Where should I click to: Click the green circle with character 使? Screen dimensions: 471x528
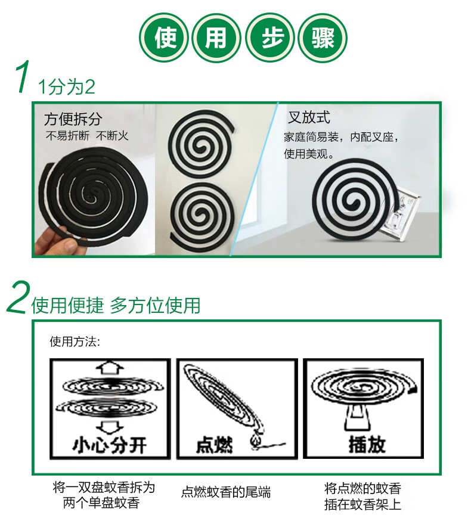coord(164,38)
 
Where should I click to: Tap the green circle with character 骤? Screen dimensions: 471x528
coord(323,38)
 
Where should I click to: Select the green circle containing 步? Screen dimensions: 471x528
coord(270,38)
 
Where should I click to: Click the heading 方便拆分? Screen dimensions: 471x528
coord(73,119)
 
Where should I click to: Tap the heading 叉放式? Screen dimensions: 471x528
coord(309,117)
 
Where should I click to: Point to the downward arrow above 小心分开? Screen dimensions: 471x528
coord(110,427)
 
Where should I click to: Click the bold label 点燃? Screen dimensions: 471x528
coord(215,445)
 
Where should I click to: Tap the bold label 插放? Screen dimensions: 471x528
coord(367,444)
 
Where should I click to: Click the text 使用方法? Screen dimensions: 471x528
coord(75,341)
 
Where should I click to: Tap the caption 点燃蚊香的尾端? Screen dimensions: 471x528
coord(226,492)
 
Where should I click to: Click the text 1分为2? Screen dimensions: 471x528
coord(66,87)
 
